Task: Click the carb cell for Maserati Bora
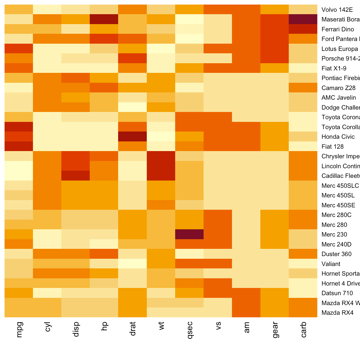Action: (303, 19)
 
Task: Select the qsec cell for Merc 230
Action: (189, 234)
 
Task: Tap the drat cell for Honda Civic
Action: (133, 137)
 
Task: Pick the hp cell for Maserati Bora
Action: (104, 19)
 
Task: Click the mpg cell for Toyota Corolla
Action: (19, 127)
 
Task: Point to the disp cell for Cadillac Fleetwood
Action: (76, 176)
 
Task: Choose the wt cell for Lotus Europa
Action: (161, 49)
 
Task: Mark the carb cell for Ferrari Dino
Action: (303, 29)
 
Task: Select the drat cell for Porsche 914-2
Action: (133, 58)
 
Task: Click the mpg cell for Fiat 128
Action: (19, 147)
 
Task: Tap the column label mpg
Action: (19, 329)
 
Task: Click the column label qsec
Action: (190, 330)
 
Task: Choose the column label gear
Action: (275, 330)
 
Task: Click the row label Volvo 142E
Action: (337, 10)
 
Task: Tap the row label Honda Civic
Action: (338, 137)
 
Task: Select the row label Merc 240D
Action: (336, 244)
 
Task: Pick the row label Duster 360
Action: (336, 254)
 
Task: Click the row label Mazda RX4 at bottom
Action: (337, 313)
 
